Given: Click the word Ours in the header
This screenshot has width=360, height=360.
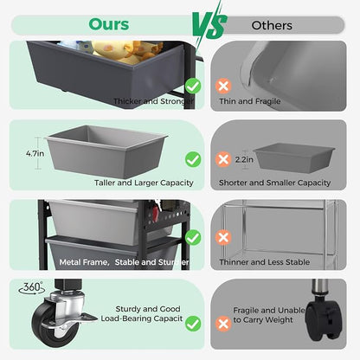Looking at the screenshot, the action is pyautogui.click(x=109, y=24).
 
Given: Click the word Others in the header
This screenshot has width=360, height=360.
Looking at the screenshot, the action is pyautogui.click(x=272, y=25).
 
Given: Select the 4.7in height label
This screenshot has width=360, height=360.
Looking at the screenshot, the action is pyautogui.click(x=35, y=153).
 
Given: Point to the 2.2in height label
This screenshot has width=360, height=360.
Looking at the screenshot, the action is pyautogui.click(x=244, y=159).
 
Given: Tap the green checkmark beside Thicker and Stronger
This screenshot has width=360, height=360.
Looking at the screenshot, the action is pyautogui.click(x=193, y=86).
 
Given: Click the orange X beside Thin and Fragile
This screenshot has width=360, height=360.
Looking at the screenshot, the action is pyautogui.click(x=223, y=86).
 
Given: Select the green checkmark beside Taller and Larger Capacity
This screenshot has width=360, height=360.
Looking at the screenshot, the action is pyautogui.click(x=193, y=159).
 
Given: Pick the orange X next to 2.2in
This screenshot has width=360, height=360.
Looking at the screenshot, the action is pyautogui.click(x=223, y=159).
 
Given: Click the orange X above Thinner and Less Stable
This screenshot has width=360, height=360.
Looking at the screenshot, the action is pyautogui.click(x=223, y=238).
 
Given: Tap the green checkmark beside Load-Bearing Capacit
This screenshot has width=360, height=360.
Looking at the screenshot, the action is pyautogui.click(x=193, y=324).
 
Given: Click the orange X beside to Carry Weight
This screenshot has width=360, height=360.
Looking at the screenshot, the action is pyautogui.click(x=223, y=324).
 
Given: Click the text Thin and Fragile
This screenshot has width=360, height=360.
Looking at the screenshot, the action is pyautogui.click(x=250, y=101).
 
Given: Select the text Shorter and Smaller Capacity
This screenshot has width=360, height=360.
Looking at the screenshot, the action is pyautogui.click(x=274, y=183).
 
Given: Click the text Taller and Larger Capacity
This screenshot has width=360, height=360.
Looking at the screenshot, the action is pyautogui.click(x=144, y=183).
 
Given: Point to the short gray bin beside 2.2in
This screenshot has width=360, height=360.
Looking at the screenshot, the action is pyautogui.click(x=294, y=157).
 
